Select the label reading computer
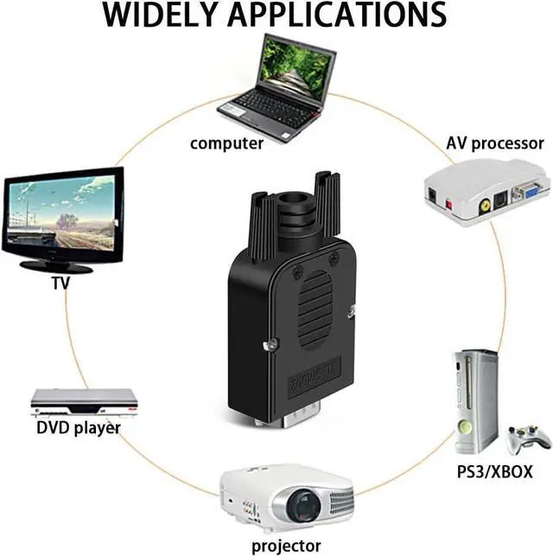(226, 144)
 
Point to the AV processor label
(494, 144)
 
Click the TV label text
(60, 284)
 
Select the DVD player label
(78, 427)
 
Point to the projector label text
(286, 546)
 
